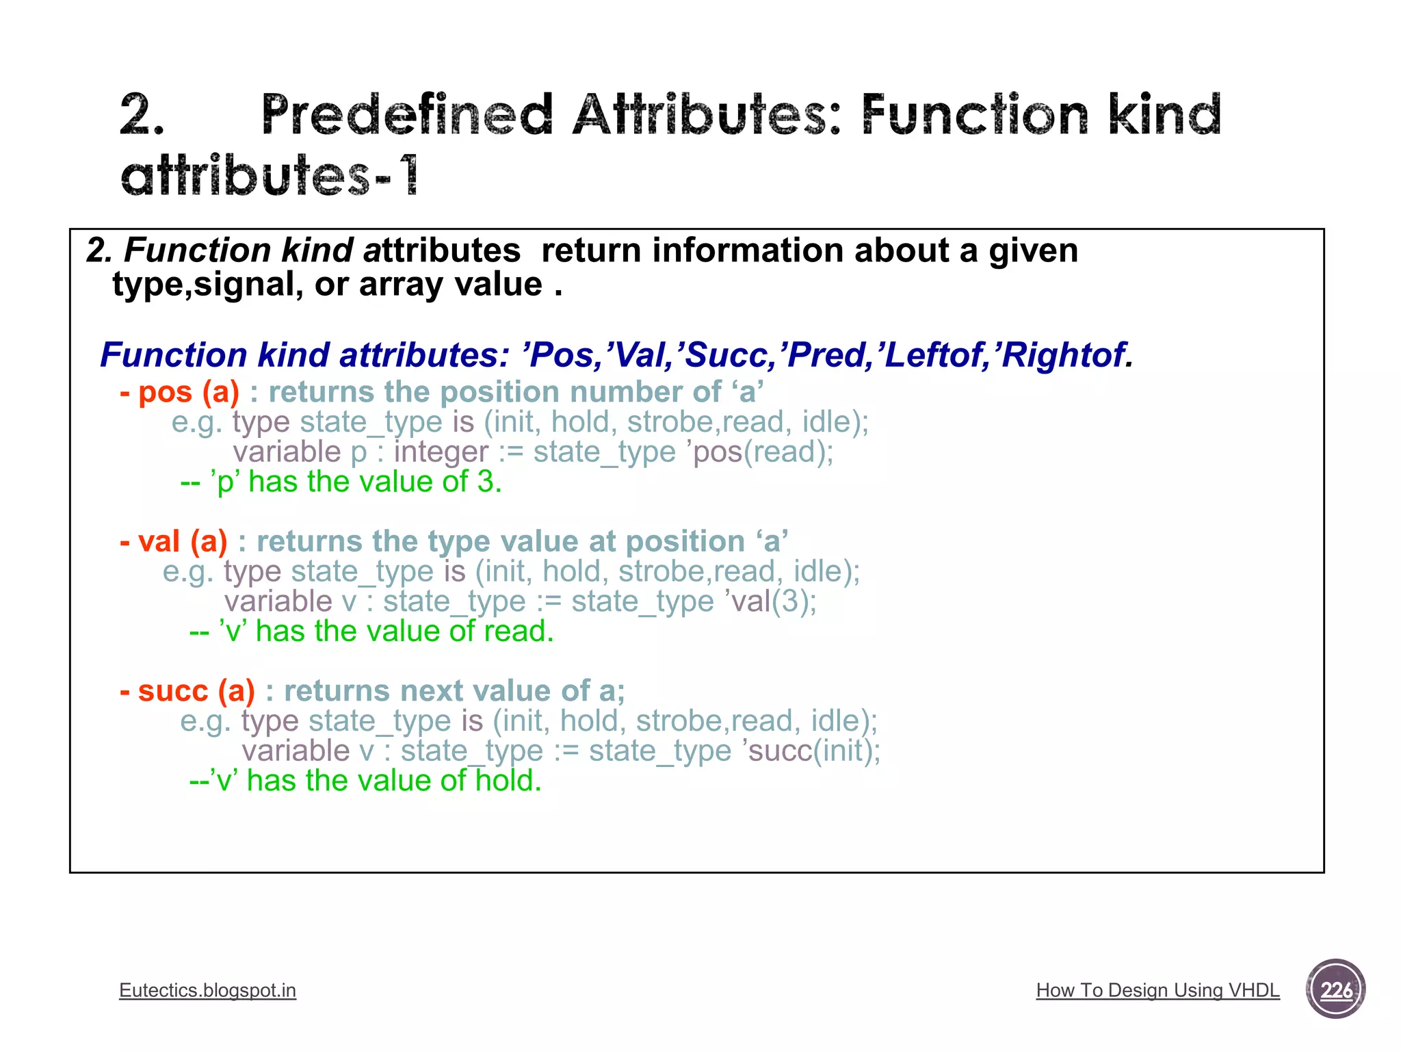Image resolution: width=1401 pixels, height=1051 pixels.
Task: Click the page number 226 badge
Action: click(1335, 989)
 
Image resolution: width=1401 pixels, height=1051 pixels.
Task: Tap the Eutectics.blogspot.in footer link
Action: click(207, 990)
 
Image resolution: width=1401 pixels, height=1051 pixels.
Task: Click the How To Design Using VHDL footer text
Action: click(1157, 990)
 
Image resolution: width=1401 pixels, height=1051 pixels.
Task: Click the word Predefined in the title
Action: click(407, 115)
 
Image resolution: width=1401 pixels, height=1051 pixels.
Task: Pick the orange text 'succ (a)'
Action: click(188, 691)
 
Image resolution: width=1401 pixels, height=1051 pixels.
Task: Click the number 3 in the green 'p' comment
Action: click(486, 482)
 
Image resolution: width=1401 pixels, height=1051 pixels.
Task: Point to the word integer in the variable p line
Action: click(441, 452)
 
